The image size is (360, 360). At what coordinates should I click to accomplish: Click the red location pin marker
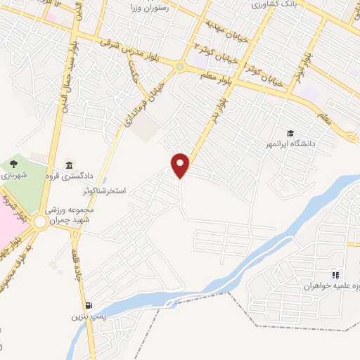point(181,165)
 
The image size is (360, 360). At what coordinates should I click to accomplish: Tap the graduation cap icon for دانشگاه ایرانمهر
point(290,134)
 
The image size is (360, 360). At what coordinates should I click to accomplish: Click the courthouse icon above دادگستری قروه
point(69,165)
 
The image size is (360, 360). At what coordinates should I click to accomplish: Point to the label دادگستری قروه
point(69,176)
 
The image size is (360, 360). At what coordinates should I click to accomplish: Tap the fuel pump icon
point(87,306)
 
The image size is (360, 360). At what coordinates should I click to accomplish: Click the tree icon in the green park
point(14,164)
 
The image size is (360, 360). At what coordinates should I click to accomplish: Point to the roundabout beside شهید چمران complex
point(40,223)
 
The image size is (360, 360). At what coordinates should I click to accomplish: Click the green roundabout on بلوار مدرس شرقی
point(180,67)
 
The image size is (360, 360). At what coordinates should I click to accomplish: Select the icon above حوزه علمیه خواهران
point(335,275)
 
